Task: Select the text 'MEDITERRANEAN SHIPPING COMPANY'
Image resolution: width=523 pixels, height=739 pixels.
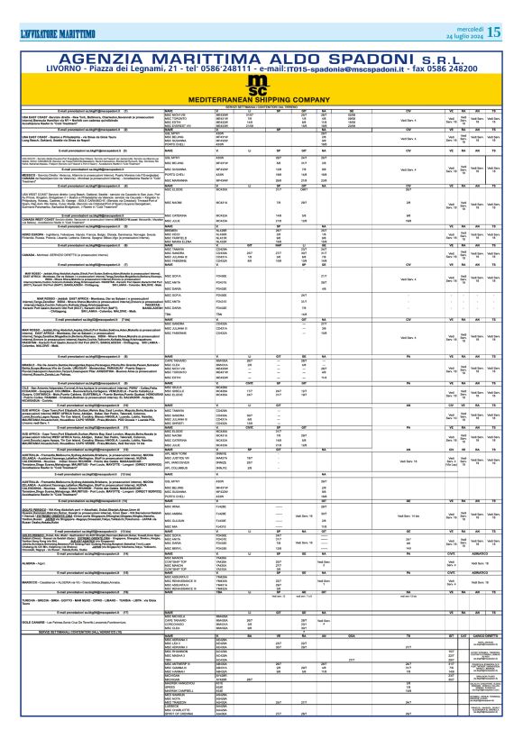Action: pyautogui.click(x=261, y=99)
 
